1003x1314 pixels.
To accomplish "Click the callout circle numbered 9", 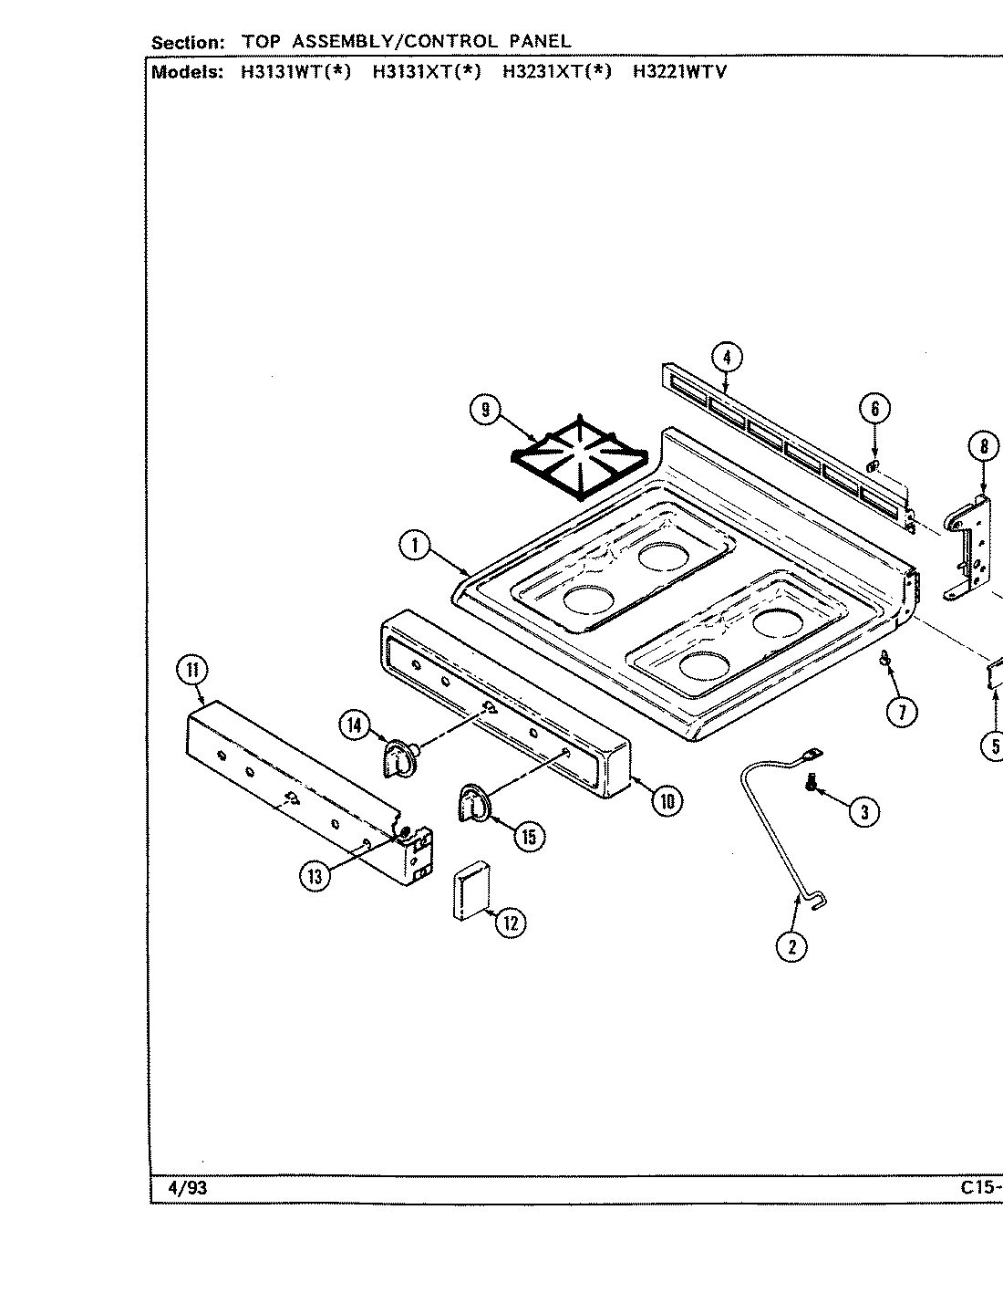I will coord(486,411).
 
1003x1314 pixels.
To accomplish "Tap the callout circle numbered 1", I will coord(415,546).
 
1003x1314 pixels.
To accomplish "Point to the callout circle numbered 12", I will coord(511,923).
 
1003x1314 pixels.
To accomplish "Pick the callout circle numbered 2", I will coord(791,946).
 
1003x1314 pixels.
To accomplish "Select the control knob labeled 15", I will coord(472,802).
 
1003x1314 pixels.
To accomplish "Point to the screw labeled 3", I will coord(811,784).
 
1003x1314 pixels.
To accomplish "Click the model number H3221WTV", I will coord(679,72).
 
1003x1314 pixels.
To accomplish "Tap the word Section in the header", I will coord(187,42).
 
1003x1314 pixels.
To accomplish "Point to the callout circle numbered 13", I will coord(315,876).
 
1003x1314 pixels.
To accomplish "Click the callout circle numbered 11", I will coord(192,671).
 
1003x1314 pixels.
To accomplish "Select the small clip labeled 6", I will coord(873,467).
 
